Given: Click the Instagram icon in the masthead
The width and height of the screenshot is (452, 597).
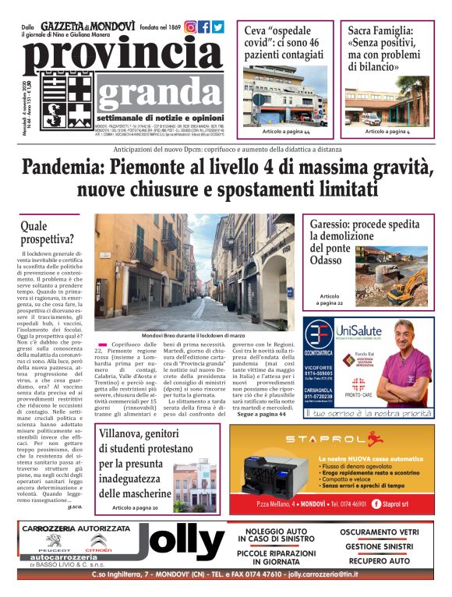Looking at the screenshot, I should [190, 27].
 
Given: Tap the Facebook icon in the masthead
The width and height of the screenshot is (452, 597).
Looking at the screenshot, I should [204, 27].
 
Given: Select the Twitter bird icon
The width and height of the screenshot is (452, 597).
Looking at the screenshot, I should [218, 27].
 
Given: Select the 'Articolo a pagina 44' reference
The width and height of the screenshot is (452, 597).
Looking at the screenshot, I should [286, 132].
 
